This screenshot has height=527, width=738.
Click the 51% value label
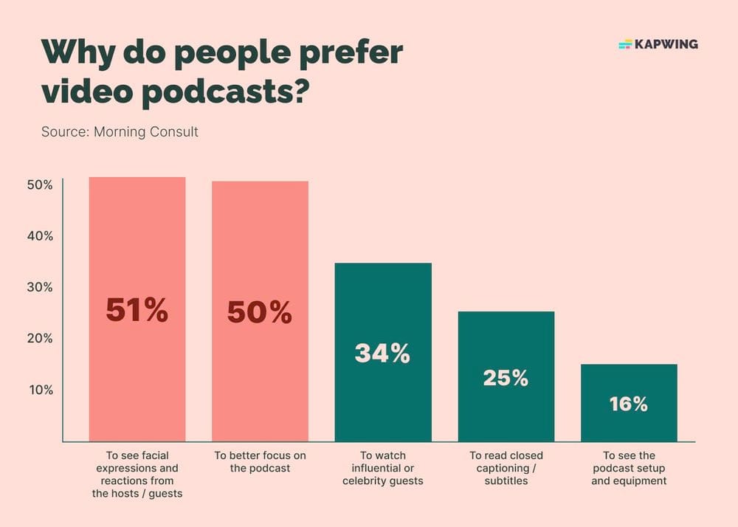tap(137, 311)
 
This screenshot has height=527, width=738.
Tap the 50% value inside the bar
tap(259, 313)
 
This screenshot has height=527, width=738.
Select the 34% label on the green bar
tap(382, 354)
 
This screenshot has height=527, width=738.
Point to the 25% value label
tap(506, 378)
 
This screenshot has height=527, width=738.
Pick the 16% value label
tap(628, 404)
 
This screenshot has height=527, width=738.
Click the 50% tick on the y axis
tap(40, 185)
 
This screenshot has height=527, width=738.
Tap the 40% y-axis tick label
tap(40, 236)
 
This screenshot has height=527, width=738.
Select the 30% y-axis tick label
tap(40, 287)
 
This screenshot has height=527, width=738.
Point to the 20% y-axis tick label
tap(40, 339)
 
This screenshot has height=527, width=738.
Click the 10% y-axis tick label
tap(41, 390)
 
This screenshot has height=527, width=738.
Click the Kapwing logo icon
tap(625, 44)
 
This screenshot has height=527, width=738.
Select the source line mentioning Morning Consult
tap(120, 133)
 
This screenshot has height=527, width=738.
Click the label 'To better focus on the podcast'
tap(259, 462)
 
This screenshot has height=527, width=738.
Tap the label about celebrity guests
tap(382, 468)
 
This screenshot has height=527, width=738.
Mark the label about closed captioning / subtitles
tap(506, 468)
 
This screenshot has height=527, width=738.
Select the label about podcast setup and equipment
tap(628, 468)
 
